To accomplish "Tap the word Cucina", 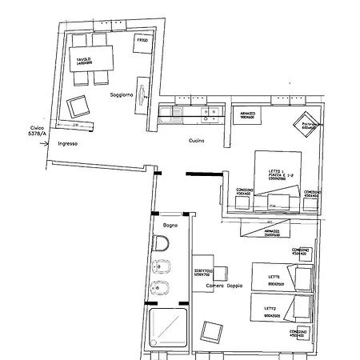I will tap(197, 141).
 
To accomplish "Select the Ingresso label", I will tap(68, 144).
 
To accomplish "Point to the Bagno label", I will tap(169, 226).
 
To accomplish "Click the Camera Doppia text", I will tap(223, 286).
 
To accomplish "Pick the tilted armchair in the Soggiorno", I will tap(78, 106).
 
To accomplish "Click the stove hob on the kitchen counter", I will tap(210, 113).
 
